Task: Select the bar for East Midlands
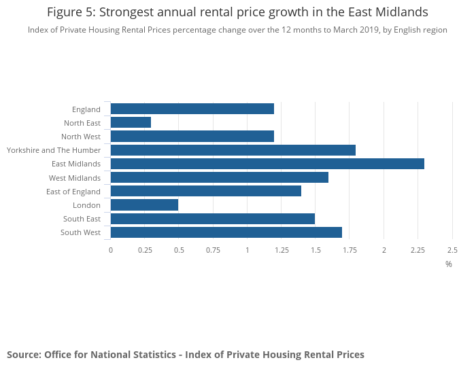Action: click(267, 164)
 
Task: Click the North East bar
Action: click(131, 122)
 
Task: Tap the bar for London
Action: click(144, 205)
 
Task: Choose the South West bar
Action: click(226, 232)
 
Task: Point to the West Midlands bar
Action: click(220, 177)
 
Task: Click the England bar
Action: click(192, 109)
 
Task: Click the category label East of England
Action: click(73, 192)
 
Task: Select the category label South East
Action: click(82, 219)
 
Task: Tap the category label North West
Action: click(81, 137)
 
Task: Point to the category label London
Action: click(86, 205)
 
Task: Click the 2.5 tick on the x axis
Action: click(452, 250)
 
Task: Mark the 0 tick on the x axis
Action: click(111, 250)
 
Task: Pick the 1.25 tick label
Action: click(282, 250)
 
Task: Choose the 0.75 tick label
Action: click(213, 250)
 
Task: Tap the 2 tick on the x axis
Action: click(384, 250)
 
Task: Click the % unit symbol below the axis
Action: click(449, 264)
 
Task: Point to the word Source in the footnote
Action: click(23, 355)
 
